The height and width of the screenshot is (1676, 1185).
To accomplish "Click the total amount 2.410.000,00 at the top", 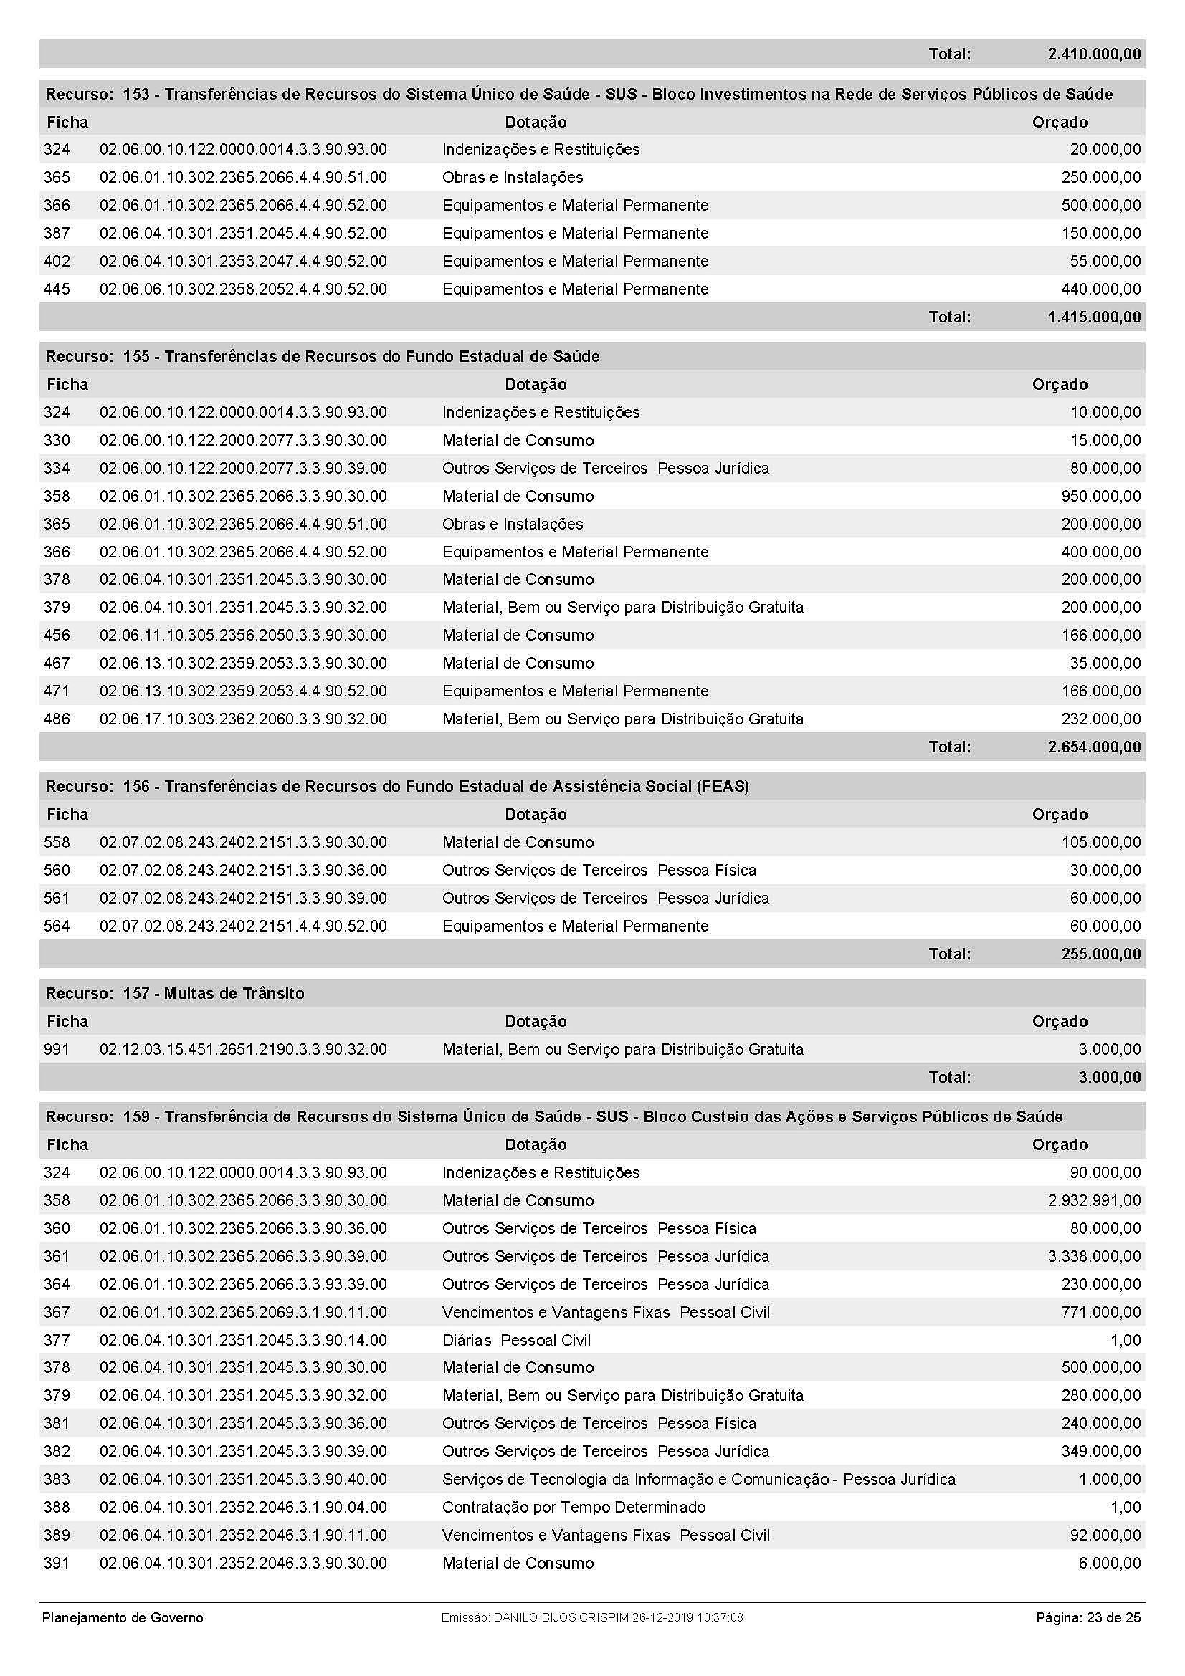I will coord(1093,54).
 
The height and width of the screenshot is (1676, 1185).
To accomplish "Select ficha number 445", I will coord(57,289).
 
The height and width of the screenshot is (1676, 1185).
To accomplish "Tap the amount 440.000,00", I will coord(1100,289).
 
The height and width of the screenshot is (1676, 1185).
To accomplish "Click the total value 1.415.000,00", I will coord(1093,317).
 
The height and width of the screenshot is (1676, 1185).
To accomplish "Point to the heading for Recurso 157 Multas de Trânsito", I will coord(175,993).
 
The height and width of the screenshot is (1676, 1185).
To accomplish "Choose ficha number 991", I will coord(57,1049).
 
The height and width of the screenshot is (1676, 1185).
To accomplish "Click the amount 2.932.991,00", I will coord(1094,1200).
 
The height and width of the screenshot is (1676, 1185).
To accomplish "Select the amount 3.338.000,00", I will coord(1094,1256).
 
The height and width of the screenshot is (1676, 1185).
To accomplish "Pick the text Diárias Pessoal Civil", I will coord(516,1340).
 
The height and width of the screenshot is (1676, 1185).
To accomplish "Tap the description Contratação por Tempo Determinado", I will coord(574,1507).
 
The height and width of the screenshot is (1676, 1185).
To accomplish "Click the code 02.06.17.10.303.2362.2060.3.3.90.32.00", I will coord(243,719).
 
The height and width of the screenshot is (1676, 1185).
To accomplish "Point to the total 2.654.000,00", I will coord(1093,747).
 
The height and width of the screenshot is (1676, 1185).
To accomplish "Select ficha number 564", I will coord(57,926).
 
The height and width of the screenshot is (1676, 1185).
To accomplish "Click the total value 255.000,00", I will coord(1100,954).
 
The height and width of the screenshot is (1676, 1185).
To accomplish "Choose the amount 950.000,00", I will coord(1100,497).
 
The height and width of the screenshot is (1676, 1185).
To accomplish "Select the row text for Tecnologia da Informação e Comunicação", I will coord(699,1479).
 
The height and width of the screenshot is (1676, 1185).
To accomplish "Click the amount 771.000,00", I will coord(1100,1312).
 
